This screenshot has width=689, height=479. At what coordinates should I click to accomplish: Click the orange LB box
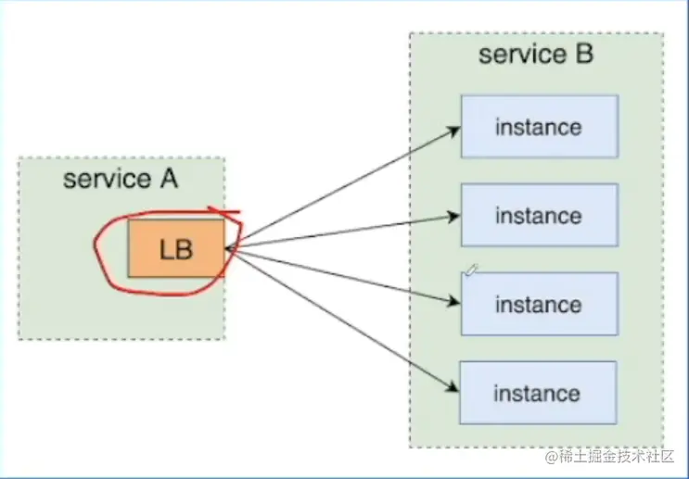tap(176, 248)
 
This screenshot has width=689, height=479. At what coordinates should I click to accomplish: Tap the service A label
tap(121, 179)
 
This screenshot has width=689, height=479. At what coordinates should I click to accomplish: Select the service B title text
tap(536, 55)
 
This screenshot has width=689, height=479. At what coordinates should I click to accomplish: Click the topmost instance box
tap(540, 126)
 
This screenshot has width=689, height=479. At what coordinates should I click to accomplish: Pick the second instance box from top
tap(540, 215)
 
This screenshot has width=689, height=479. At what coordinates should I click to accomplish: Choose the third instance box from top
tap(540, 304)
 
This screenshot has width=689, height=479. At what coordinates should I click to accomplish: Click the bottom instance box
tap(538, 393)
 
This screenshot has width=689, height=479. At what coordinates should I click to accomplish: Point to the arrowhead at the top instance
tap(453, 131)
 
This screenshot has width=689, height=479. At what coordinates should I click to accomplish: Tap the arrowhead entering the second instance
tap(453, 217)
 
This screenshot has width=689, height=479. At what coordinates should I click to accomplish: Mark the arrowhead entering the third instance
tap(453, 301)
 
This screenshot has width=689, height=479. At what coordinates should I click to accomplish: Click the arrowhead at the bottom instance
tap(453, 386)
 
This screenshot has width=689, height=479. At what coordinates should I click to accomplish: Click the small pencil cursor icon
tap(471, 271)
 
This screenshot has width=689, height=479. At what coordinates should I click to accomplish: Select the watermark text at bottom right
tap(610, 457)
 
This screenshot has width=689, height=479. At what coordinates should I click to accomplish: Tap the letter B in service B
tap(584, 54)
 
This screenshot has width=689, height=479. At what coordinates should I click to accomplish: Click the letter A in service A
tap(169, 179)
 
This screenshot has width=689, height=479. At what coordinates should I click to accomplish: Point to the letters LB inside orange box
tap(176, 249)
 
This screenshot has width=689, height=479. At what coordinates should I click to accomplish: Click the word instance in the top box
tap(539, 127)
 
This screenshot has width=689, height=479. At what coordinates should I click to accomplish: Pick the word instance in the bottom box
tap(537, 394)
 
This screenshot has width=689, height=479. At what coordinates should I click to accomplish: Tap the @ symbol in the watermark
tap(552, 457)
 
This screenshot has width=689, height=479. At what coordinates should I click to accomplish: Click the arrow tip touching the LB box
tap(226, 249)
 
